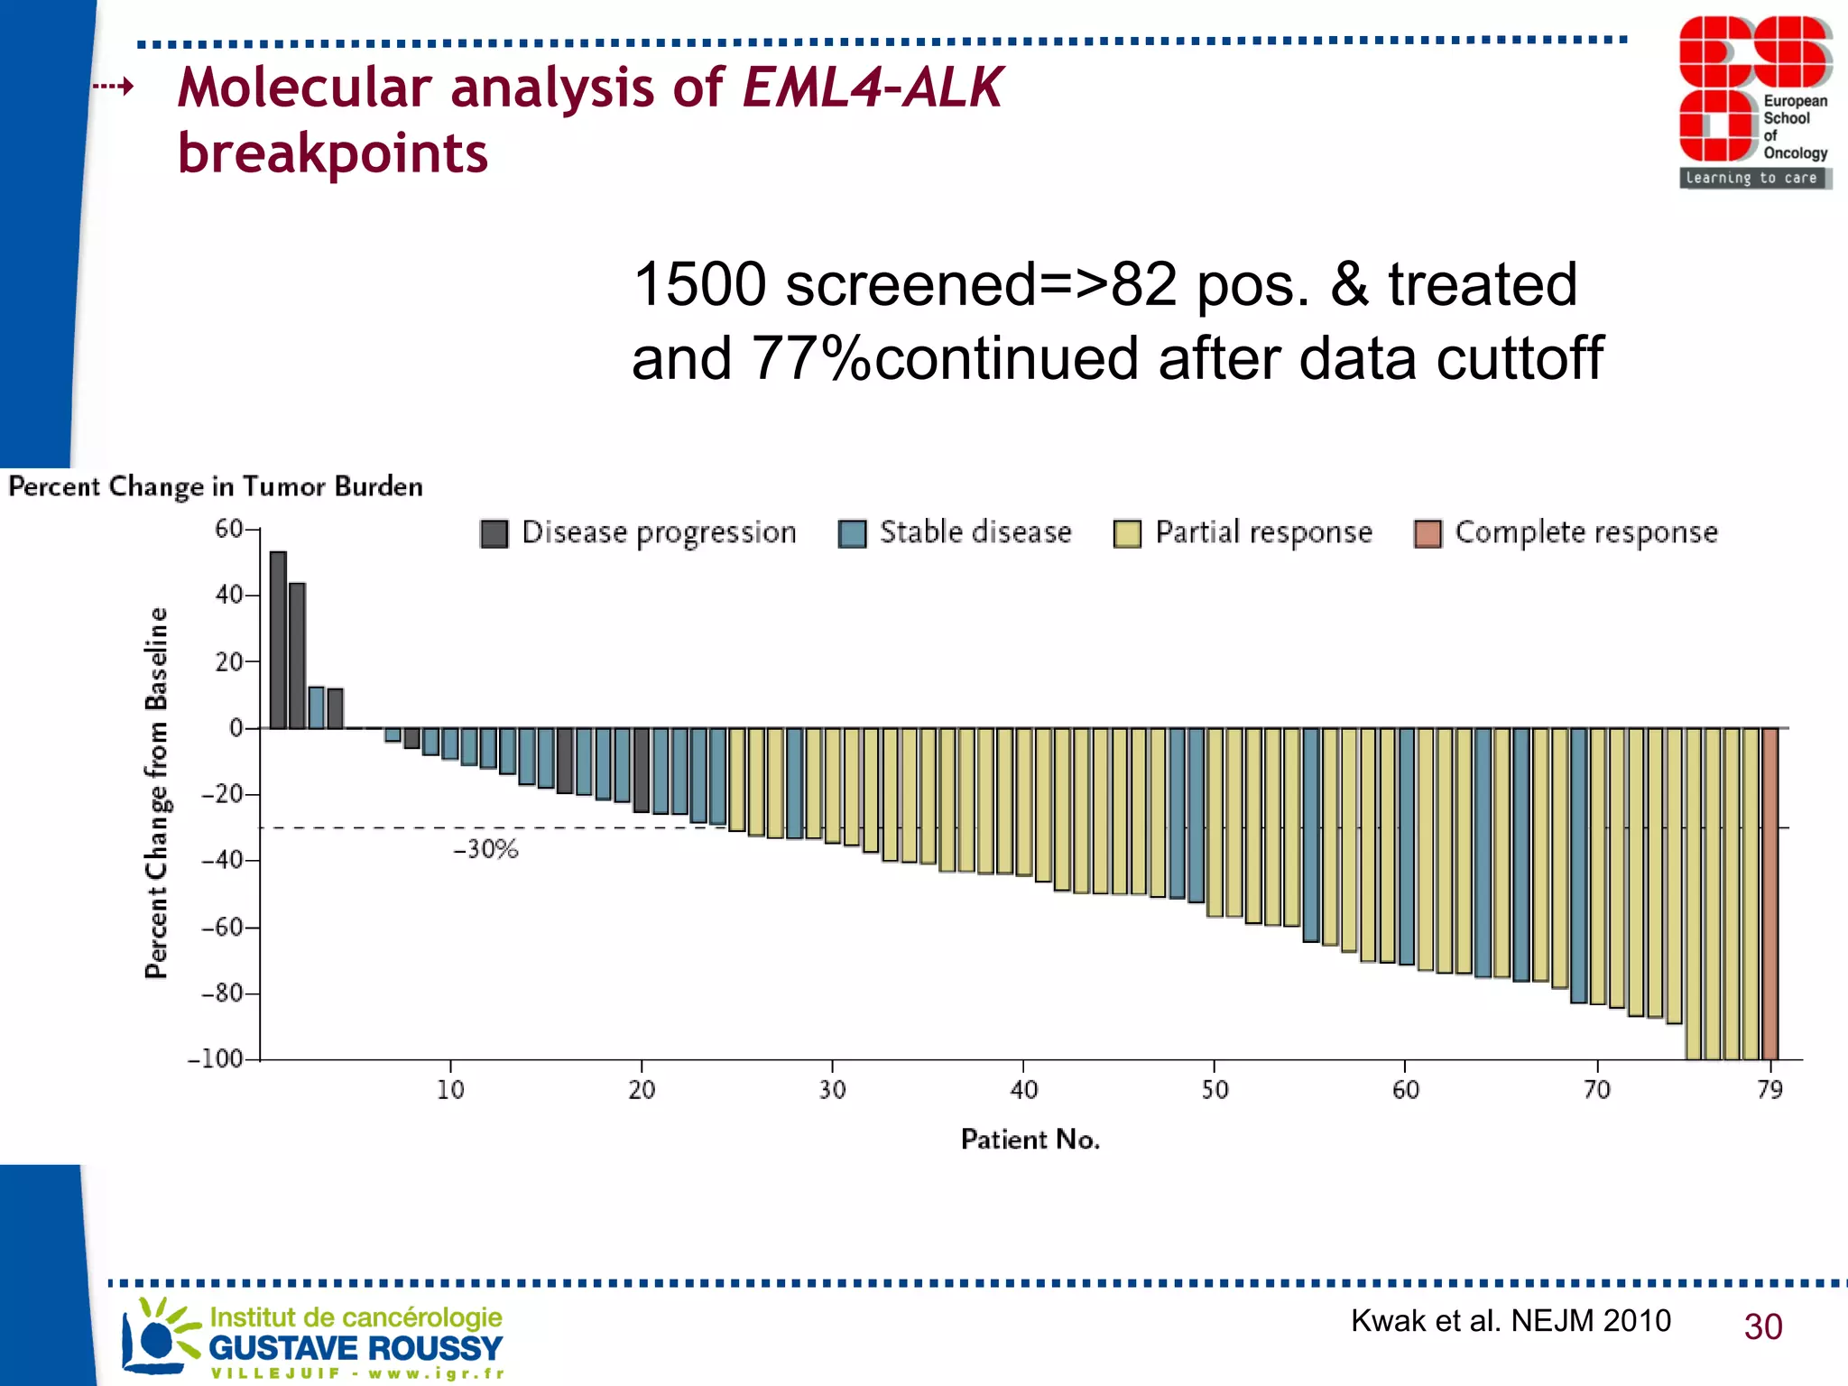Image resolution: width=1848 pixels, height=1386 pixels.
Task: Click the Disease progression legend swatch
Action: point(494,534)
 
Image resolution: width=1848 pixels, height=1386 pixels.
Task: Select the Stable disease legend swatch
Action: point(852,534)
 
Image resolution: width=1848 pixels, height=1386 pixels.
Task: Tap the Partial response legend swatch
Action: point(1127,534)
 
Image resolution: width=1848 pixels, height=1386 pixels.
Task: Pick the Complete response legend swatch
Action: point(1428,534)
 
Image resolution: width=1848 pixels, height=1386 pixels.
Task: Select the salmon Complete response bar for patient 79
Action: point(1769,893)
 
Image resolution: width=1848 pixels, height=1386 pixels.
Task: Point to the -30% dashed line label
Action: point(485,849)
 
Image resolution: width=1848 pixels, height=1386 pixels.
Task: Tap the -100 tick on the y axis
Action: point(217,1058)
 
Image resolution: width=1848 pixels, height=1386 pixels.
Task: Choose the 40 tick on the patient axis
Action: point(1023,1090)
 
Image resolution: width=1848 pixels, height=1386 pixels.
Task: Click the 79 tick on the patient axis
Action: point(1769,1090)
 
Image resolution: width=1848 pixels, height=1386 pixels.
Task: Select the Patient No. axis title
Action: point(1030,1140)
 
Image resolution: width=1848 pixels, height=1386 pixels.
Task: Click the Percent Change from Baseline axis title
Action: point(156,792)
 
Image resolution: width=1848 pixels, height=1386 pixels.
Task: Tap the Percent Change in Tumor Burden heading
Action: point(216,486)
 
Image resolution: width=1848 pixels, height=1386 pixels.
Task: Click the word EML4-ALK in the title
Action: point(872,88)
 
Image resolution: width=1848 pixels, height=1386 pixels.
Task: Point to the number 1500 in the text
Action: point(699,284)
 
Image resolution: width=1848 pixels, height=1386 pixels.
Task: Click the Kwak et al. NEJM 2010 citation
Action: point(1510,1320)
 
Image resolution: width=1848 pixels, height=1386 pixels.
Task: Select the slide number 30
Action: point(1762,1326)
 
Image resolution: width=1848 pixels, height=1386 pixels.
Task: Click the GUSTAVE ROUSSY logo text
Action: point(355,1348)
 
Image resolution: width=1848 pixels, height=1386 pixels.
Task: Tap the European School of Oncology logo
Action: point(1753,101)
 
